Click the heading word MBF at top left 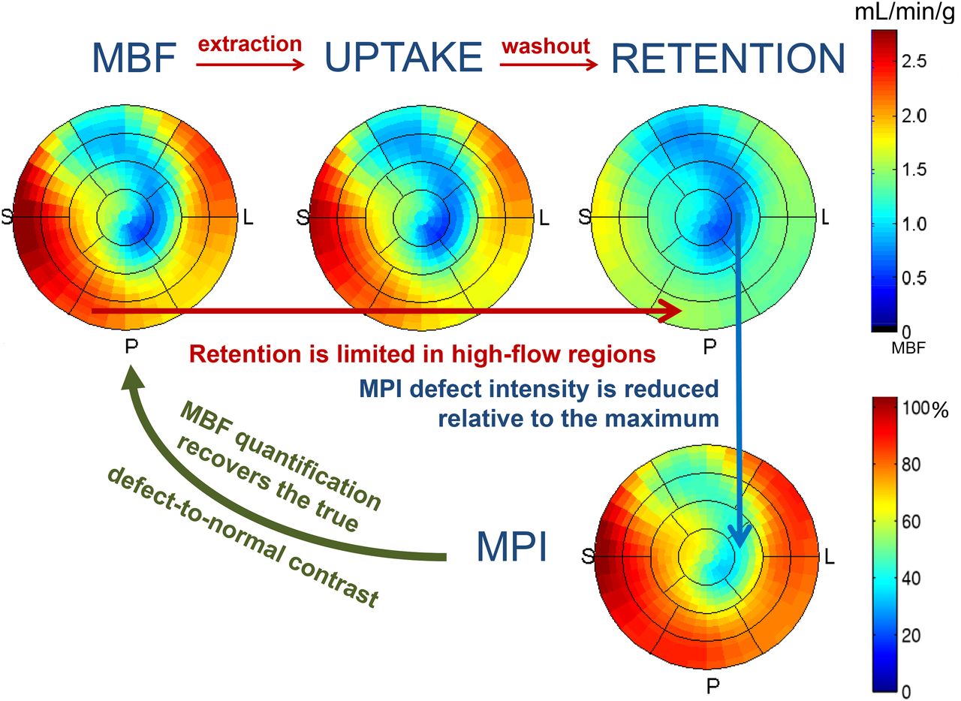coord(134,58)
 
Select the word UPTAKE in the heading coord(402,58)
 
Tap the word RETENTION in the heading coord(728,58)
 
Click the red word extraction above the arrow coord(250,44)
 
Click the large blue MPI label coord(511,552)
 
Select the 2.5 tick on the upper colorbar coord(914,62)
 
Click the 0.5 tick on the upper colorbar coord(914,278)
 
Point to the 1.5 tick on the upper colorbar coord(914,170)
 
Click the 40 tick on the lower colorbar coord(915,579)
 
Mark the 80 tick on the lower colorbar coord(915,466)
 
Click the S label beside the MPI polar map coord(587,557)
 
